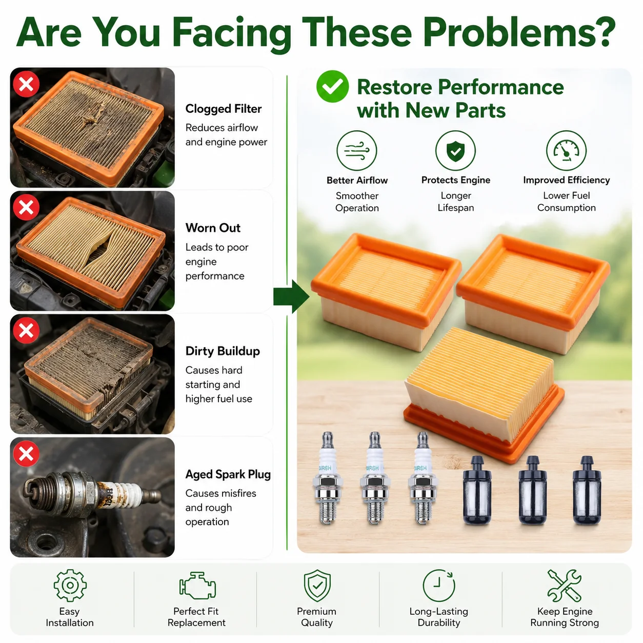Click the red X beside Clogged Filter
tap(26, 84)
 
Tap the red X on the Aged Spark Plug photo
tap(26, 454)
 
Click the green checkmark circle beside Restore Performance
tap(332, 87)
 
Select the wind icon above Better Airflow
tap(357, 150)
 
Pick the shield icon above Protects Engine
tap(455, 150)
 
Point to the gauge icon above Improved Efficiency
tap(566, 150)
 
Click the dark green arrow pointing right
tap(291, 296)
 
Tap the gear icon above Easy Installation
tap(70, 586)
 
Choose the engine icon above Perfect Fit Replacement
tap(197, 586)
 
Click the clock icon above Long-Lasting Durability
tap(438, 586)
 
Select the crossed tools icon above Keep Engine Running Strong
tap(564, 586)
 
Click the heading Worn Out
tap(213, 228)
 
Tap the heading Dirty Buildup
tap(223, 351)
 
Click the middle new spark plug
tap(375, 478)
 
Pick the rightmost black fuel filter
tap(587, 489)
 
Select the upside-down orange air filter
tap(484, 395)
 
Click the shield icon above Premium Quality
tap(317, 586)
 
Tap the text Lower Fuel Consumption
tap(566, 202)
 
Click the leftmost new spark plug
tap(328, 478)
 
